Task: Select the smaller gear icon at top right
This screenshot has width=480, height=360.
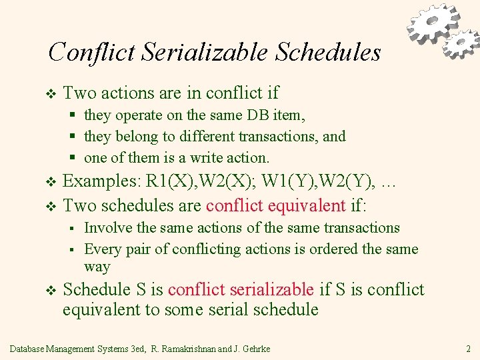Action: (460, 43)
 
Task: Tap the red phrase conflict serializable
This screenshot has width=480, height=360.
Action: (241, 289)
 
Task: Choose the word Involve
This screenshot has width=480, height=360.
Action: (109, 228)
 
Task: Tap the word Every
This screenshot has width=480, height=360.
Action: (102, 249)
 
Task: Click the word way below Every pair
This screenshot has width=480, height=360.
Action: (97, 267)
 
